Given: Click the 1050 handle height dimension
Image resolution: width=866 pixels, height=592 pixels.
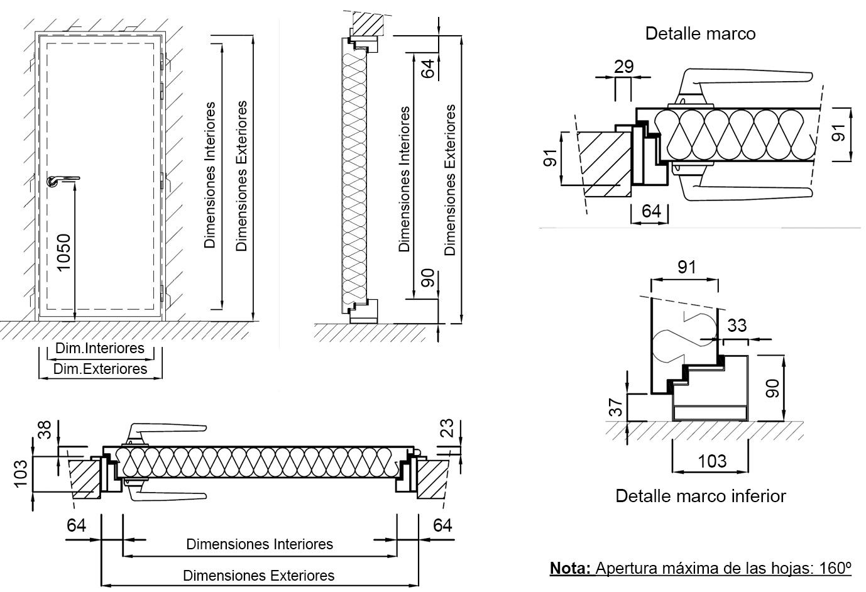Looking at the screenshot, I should tap(65, 252).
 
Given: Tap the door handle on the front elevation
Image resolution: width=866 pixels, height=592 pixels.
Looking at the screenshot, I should tap(61, 180).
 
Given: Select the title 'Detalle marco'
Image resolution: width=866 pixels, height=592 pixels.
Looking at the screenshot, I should tap(700, 33).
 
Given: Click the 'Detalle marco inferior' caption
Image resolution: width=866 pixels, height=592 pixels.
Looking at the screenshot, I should tap(700, 496).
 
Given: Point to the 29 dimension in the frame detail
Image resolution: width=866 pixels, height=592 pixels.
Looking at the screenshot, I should tap(623, 67).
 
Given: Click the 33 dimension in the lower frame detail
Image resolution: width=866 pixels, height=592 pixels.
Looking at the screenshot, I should tap(737, 326).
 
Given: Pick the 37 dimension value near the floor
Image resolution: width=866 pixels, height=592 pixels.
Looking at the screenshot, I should tap(617, 407).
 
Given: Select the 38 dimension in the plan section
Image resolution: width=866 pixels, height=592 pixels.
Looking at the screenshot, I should tap(43, 430).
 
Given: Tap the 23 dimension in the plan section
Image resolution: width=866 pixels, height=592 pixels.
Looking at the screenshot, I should tap(447, 429).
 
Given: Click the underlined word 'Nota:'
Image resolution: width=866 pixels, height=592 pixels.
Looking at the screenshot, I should tap(570, 568).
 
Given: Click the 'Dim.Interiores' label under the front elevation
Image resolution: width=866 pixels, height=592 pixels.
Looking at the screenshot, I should tap(100, 348).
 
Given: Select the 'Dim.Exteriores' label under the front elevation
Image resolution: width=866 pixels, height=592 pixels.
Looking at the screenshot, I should tap(100, 369).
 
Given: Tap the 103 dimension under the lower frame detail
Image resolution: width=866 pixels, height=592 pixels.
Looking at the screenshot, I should tap(712, 461).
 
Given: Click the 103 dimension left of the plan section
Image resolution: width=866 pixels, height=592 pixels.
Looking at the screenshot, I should tap(21, 473).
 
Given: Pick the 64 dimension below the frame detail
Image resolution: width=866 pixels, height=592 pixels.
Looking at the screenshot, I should tap(651, 211).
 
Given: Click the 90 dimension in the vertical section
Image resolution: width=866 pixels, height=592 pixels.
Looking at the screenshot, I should tap(428, 277).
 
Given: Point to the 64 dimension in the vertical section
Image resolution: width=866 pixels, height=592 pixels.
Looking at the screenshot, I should tap(428, 68).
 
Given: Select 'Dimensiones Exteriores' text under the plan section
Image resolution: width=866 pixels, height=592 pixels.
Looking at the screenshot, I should tap(258, 575).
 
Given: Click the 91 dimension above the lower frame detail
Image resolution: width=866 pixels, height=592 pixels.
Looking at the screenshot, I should tap(687, 267).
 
